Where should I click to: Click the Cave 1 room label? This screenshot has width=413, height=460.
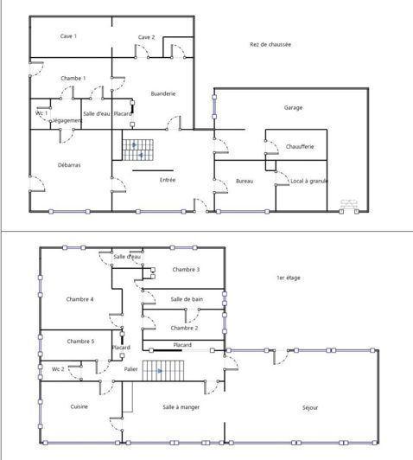[x=68, y=36]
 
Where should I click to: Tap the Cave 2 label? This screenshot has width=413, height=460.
[x=146, y=37]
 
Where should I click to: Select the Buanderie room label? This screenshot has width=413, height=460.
[x=163, y=93]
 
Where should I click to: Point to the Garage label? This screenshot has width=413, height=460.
[x=293, y=108]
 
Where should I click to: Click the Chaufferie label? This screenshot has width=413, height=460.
[x=300, y=147]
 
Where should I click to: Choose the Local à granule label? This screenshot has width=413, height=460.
[x=309, y=181]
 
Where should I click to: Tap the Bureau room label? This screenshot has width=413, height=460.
[x=245, y=181]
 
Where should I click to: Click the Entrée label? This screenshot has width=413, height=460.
[x=168, y=180]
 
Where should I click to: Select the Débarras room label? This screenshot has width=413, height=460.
[x=69, y=164]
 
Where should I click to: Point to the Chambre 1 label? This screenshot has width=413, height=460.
[x=73, y=79]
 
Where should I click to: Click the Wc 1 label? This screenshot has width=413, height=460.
[x=41, y=113]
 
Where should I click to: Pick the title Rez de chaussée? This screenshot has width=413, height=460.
[x=270, y=44]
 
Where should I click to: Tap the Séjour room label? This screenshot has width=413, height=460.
[x=310, y=406]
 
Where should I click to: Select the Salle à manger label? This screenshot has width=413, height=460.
[x=181, y=406]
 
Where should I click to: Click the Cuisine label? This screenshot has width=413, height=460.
[x=79, y=406]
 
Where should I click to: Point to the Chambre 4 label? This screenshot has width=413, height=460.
[x=79, y=299]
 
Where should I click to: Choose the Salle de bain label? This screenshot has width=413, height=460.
[x=187, y=298]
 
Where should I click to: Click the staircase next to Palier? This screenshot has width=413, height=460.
[x=158, y=373]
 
